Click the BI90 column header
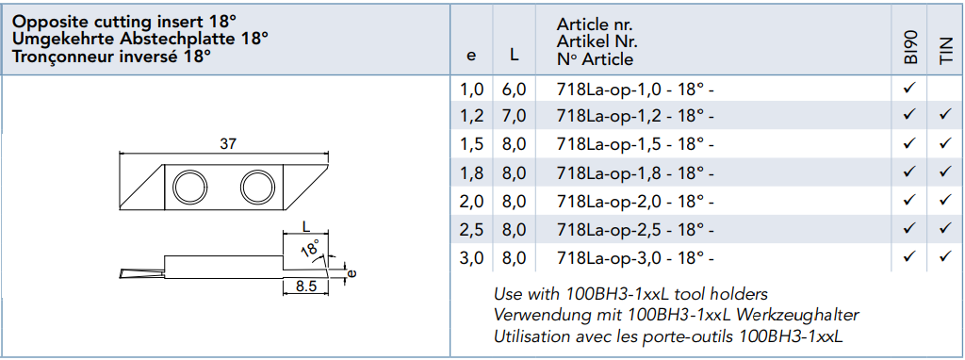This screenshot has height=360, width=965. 911,48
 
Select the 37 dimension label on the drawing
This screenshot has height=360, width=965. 226,143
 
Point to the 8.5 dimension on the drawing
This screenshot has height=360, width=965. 305,286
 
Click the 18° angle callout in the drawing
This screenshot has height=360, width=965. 311,248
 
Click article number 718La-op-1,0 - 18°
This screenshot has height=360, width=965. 635,90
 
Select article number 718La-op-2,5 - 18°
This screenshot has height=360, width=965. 635,229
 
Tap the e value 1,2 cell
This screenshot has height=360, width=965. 471,116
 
